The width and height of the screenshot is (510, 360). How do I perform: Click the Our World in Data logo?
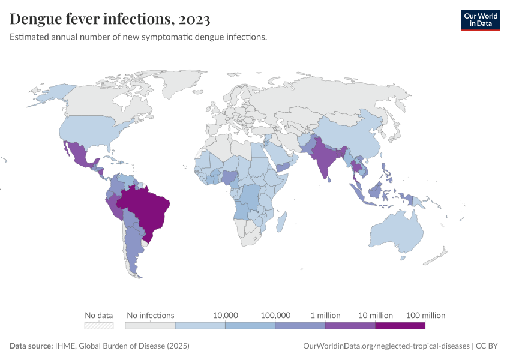click(x=480, y=20)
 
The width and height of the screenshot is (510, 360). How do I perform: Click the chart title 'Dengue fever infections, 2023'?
click(x=110, y=20)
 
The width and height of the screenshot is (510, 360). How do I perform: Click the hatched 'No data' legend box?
click(x=99, y=326)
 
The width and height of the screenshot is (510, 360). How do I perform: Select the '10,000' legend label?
click(x=226, y=315)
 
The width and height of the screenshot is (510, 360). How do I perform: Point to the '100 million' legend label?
click(x=425, y=315)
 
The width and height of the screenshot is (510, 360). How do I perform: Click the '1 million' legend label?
click(x=325, y=315)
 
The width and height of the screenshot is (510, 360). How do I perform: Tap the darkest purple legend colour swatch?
click(x=400, y=326)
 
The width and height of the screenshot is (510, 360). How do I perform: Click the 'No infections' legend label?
click(x=150, y=315)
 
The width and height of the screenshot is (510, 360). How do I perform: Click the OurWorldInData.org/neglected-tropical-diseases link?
click(x=386, y=346)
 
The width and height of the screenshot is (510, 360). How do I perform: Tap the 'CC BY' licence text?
click(x=489, y=346)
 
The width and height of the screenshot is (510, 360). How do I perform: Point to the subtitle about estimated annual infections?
click(x=139, y=37)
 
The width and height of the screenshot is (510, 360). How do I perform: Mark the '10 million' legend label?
click(x=376, y=315)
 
